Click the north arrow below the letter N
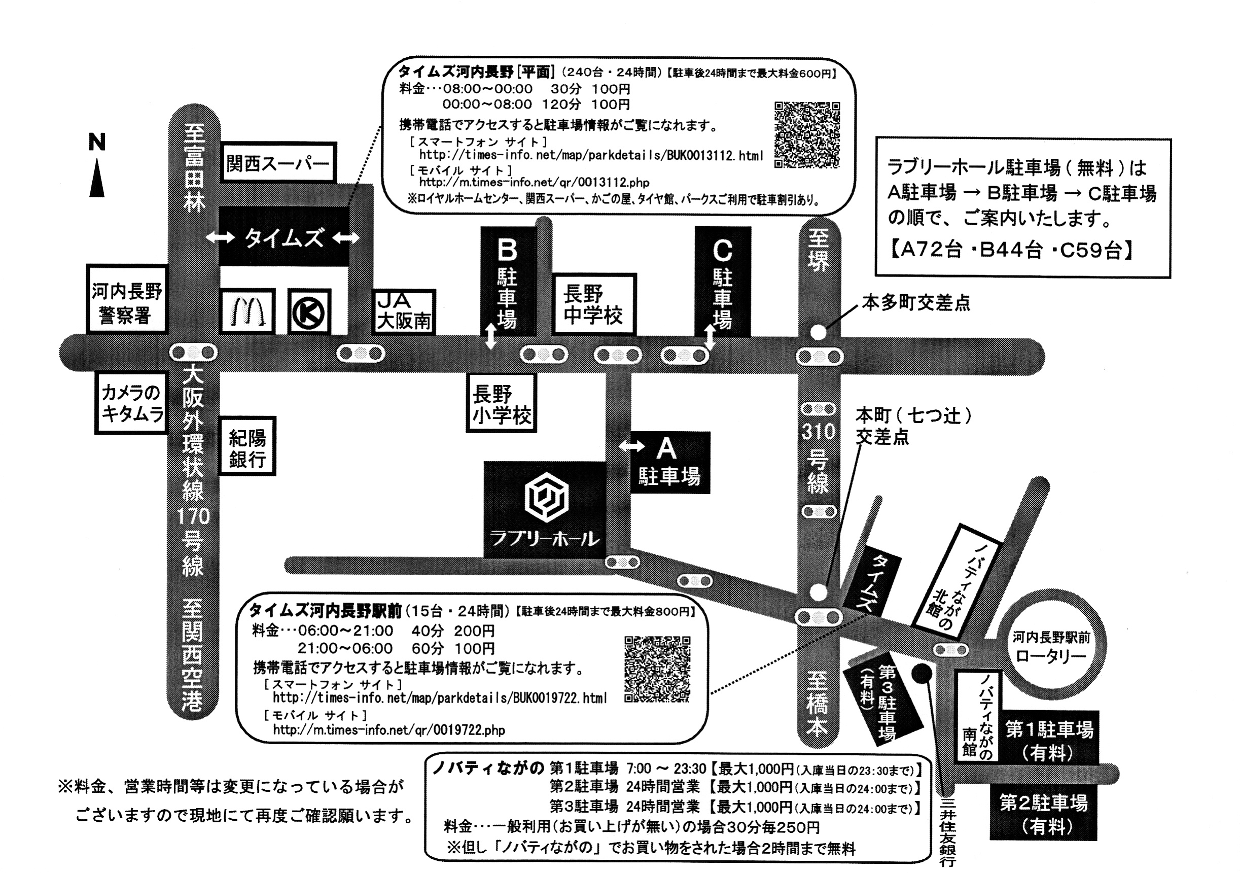pos(97,178)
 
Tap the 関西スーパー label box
pos(277,163)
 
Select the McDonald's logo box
pos(247,311)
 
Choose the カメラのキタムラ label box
pos(131,402)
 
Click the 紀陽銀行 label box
pos(247,446)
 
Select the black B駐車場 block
pos(507,281)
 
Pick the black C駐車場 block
pos(722,281)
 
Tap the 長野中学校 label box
pos(593,305)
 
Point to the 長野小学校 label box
pos(501,403)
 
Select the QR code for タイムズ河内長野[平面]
pos(807,134)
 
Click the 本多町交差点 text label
pos(915,303)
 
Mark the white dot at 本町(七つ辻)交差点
pos(819,592)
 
